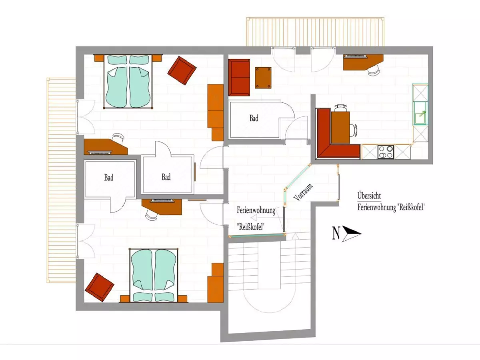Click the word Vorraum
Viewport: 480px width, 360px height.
point(303,192)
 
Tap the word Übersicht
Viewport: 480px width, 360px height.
point(369,196)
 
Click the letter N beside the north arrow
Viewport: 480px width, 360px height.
point(336,233)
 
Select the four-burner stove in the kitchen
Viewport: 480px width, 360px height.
point(386,152)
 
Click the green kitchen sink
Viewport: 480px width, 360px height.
point(420,113)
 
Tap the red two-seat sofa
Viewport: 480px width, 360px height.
point(239,77)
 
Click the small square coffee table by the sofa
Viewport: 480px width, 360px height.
point(263,78)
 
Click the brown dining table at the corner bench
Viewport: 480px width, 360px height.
point(340,128)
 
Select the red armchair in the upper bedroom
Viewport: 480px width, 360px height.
point(182,70)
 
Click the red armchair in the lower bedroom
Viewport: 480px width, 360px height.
point(100,287)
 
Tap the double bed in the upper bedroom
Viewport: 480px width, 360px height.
point(128,81)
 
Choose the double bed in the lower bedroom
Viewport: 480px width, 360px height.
point(154,276)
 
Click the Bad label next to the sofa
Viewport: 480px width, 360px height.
point(254,118)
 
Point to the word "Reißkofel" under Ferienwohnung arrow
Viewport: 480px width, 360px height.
point(251,227)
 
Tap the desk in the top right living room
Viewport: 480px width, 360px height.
point(363,62)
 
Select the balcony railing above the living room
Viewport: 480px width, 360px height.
point(315,32)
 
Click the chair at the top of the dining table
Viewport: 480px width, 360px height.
point(341,108)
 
